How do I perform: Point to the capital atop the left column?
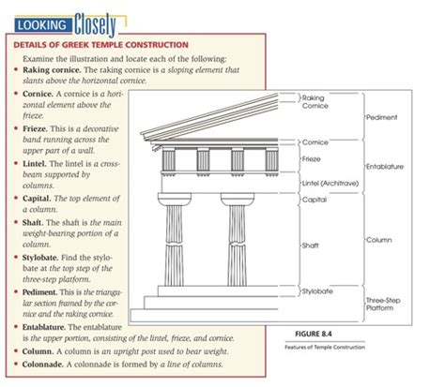[176, 199]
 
